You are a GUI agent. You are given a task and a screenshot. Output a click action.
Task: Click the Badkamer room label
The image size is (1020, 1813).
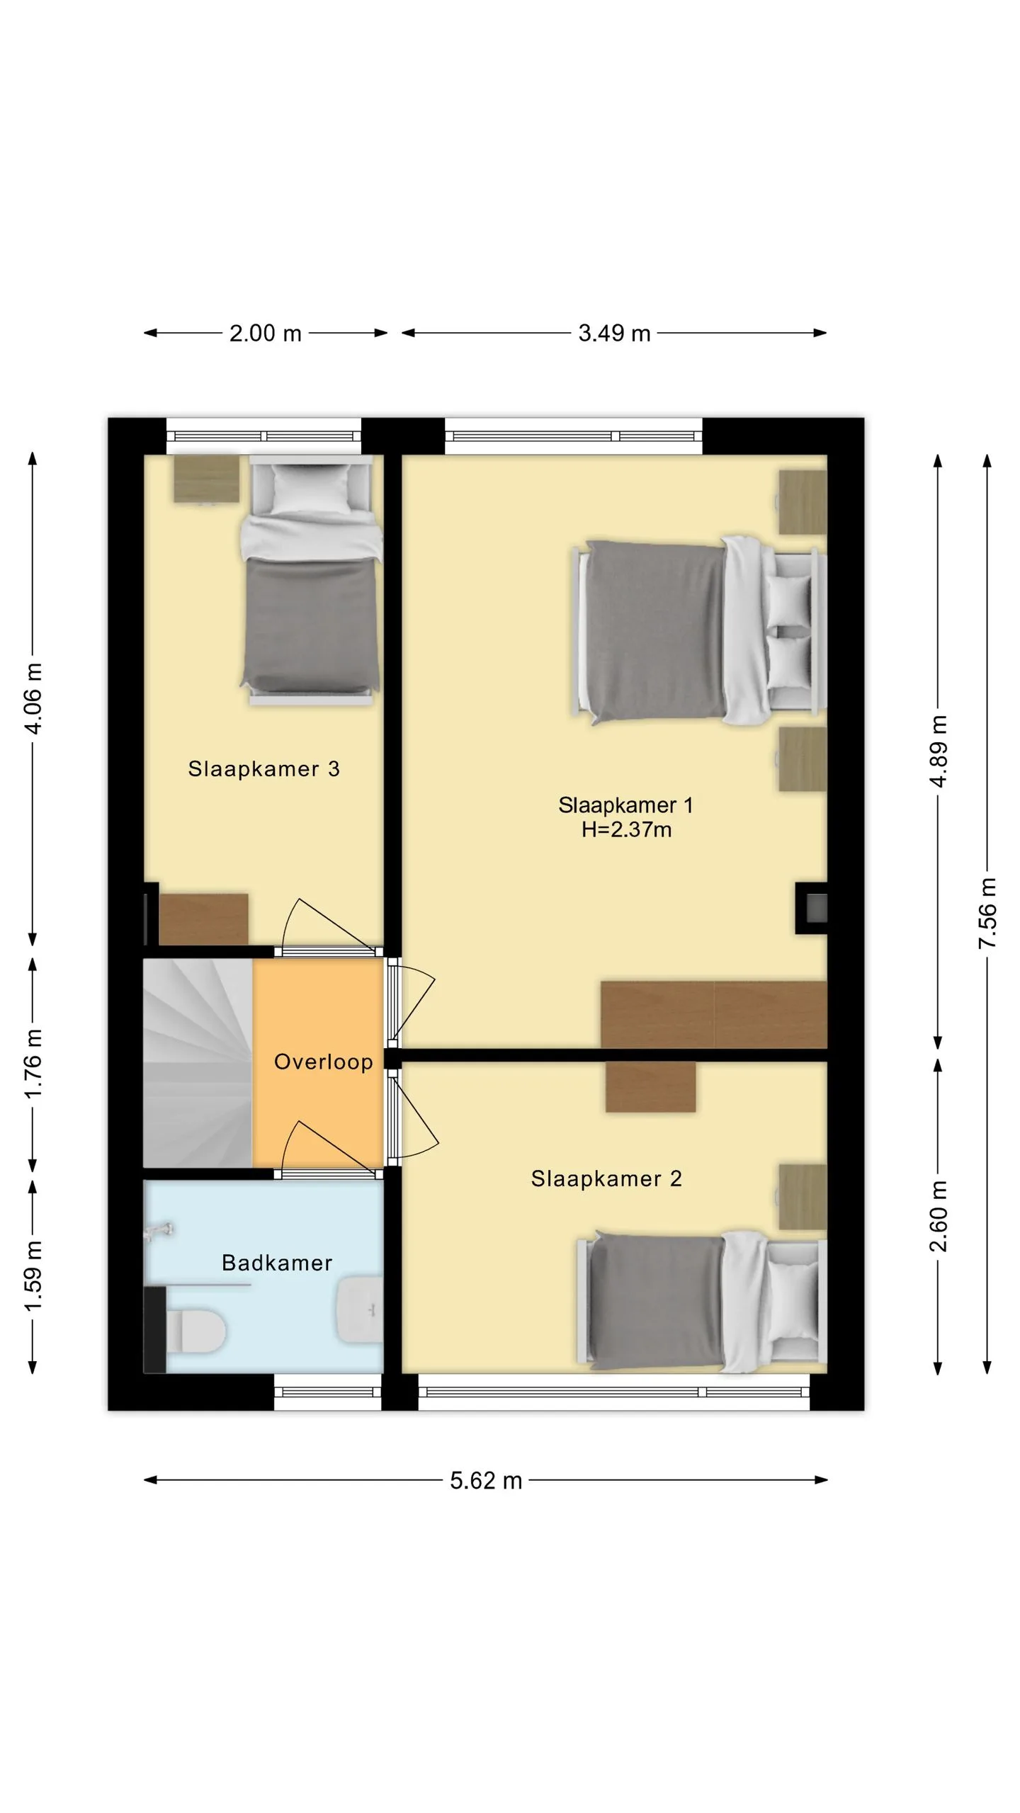(x=277, y=1263)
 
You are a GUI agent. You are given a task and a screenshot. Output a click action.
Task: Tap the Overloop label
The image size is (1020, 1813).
(x=324, y=1062)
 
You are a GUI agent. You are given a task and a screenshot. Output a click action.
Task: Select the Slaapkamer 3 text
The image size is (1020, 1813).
(x=264, y=769)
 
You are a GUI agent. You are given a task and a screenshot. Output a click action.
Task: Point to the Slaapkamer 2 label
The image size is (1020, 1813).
(x=606, y=1178)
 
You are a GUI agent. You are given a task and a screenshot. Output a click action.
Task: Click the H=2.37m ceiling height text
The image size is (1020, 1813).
(x=626, y=829)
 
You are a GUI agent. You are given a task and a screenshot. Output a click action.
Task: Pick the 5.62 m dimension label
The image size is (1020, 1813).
(x=486, y=1481)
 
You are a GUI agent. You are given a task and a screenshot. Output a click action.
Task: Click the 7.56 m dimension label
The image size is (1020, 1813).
(x=987, y=914)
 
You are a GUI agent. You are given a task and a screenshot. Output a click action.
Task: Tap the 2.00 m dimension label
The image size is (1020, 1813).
(x=266, y=333)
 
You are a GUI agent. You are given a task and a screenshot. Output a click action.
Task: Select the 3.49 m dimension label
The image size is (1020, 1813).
(x=614, y=333)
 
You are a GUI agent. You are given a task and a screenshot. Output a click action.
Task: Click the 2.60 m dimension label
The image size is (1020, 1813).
(x=938, y=1216)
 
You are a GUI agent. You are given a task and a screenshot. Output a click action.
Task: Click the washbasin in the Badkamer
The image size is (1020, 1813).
(x=360, y=1310)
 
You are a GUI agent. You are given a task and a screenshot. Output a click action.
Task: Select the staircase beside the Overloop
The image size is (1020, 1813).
(x=198, y=1062)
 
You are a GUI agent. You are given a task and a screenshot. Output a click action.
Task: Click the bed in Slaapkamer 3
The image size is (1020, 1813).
(x=310, y=580)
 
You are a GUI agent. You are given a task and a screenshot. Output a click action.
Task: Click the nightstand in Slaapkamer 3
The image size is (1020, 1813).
(x=207, y=479)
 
